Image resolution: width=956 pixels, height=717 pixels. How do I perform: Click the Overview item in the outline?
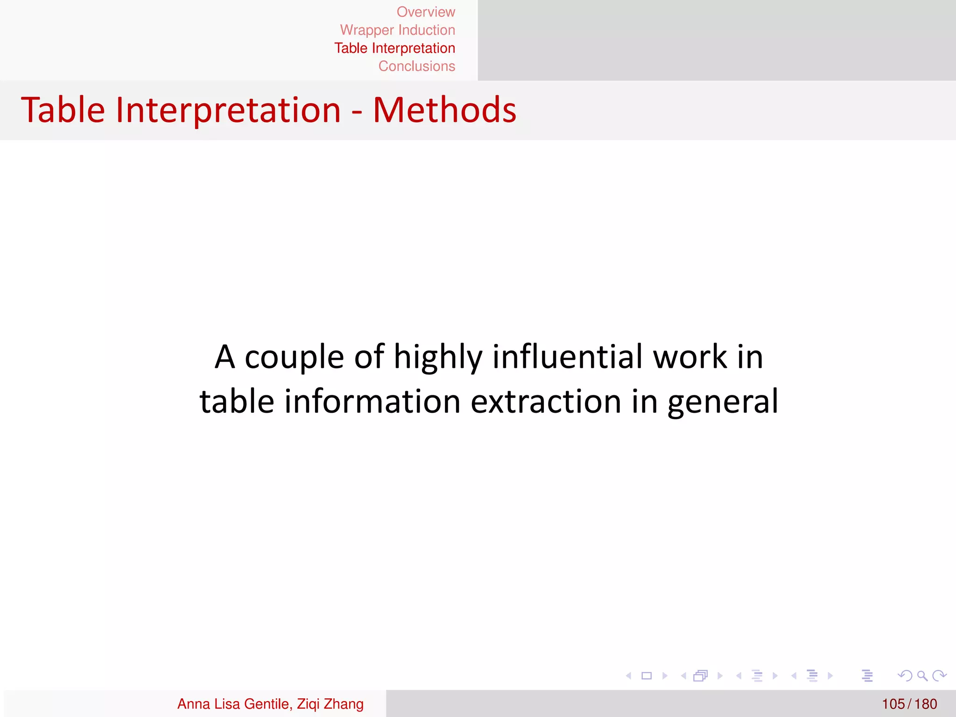click(x=426, y=12)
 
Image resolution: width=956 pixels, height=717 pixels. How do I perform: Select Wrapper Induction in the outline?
click(x=397, y=30)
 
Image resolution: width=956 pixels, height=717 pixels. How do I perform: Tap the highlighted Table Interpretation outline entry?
click(x=394, y=49)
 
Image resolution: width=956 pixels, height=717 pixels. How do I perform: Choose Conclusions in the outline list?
click(x=416, y=66)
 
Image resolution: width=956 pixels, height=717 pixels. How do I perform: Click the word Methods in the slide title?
click(x=444, y=110)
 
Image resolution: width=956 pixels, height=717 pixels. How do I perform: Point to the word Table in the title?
click(x=63, y=110)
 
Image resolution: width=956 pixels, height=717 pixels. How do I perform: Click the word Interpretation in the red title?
click(x=228, y=110)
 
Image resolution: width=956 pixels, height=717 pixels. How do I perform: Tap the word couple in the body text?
click(x=294, y=358)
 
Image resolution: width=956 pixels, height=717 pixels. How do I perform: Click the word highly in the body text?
click(x=437, y=358)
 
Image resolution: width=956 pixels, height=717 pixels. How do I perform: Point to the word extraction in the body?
click(x=546, y=401)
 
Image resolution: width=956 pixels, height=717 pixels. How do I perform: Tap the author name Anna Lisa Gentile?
click(x=233, y=704)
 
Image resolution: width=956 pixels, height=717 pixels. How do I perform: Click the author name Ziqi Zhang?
click(x=330, y=704)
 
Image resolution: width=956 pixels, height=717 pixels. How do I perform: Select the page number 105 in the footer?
click(x=893, y=704)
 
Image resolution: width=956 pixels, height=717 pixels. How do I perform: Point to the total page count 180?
click(x=926, y=704)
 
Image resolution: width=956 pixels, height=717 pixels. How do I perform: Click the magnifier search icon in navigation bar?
click(x=922, y=675)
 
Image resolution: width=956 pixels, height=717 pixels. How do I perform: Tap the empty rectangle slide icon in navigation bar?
click(x=647, y=675)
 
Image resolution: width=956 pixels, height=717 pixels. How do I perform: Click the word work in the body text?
click(x=690, y=357)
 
